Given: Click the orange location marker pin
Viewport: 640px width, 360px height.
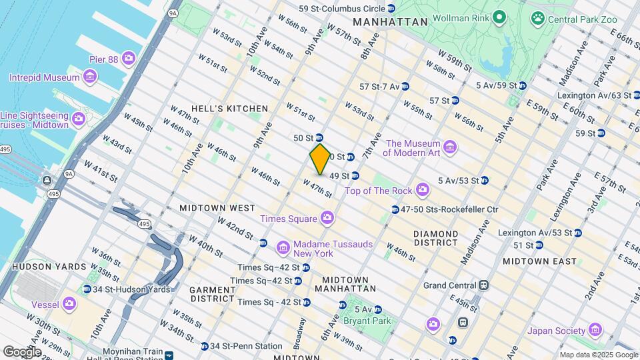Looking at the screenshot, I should point(320,159).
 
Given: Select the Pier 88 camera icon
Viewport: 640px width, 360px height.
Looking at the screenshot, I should point(129,59).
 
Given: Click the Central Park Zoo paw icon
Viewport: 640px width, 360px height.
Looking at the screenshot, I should point(537,19).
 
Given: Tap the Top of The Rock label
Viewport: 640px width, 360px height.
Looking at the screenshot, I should point(378,191).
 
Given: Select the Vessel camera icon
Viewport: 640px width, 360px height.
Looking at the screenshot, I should point(70,305).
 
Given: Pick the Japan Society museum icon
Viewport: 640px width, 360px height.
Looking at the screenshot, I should point(595,331).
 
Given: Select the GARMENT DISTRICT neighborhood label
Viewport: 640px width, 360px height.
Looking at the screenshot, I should point(213,295).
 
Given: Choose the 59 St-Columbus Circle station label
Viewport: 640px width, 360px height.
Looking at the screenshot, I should point(341,9).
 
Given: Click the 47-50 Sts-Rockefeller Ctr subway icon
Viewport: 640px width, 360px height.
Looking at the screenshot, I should point(395,209).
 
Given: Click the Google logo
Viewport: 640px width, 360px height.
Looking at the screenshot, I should point(22,351).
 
